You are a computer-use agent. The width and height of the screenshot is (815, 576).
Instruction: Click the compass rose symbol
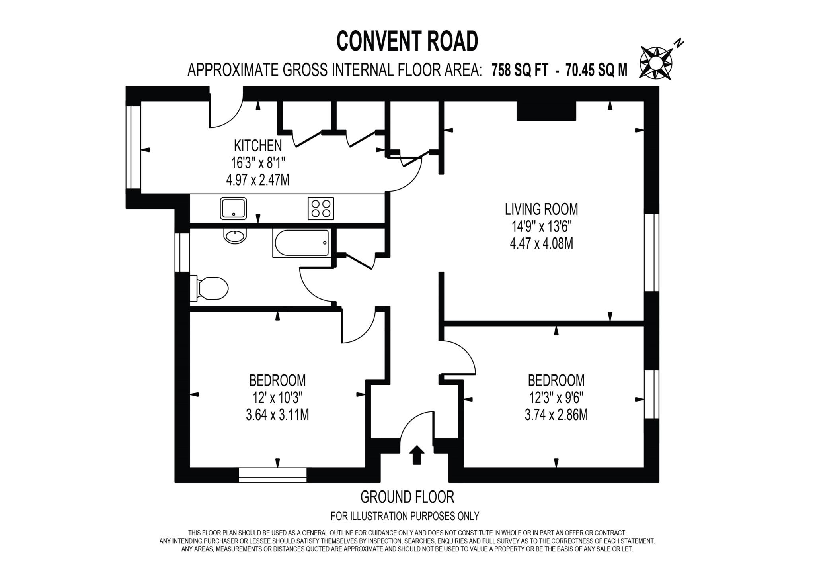point(655,63)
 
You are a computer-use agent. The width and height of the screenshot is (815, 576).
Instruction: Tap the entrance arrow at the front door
point(417,455)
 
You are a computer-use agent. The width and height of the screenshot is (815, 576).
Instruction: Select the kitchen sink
point(233,208)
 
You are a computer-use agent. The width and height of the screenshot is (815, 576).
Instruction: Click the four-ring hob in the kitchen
point(321,208)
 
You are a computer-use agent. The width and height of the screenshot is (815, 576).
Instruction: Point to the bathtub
point(301,243)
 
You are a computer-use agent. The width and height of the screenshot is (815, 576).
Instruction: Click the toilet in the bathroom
point(211,288)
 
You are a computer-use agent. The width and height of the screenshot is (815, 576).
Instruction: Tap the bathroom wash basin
point(235,236)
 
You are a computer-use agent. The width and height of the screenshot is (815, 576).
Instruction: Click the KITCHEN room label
point(257,146)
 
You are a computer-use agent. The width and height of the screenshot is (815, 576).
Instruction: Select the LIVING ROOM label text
point(541,209)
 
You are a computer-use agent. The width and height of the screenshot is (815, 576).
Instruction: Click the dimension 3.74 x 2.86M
point(556,415)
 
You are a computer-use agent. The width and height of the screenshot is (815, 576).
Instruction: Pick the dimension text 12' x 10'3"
point(277,398)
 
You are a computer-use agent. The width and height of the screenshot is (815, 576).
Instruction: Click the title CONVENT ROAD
point(407,41)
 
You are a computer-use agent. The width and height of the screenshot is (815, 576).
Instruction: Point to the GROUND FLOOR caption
point(407,497)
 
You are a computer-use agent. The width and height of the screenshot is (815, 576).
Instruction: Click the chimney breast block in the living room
point(546,111)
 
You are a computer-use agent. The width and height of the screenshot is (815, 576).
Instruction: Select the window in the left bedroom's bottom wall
point(273,475)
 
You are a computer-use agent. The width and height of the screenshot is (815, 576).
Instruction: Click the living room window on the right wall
point(651,253)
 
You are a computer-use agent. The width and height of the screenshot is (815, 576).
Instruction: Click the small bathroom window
point(183,253)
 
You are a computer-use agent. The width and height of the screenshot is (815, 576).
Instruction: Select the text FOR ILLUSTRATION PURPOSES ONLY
point(405,516)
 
